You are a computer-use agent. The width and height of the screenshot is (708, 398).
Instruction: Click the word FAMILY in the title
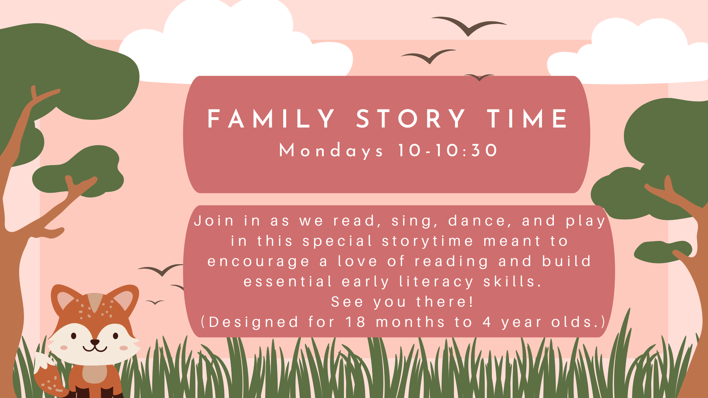click(x=271, y=119)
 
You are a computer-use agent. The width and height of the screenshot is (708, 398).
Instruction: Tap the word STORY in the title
click(x=411, y=119)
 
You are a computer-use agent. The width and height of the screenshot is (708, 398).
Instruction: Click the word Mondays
click(x=331, y=151)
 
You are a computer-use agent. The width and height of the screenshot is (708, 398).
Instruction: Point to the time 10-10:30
click(x=448, y=150)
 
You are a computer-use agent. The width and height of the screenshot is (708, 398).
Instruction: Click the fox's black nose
click(x=95, y=342)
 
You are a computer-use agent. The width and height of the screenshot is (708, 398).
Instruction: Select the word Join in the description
click(x=214, y=221)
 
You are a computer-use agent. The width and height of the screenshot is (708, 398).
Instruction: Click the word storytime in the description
click(x=427, y=241)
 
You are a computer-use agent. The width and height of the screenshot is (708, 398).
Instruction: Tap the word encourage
click(x=258, y=262)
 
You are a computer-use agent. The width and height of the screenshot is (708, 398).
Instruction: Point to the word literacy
click(x=436, y=282)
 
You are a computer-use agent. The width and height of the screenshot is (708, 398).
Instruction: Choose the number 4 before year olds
click(x=487, y=322)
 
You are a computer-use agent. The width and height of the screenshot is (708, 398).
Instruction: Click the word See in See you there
click(x=347, y=302)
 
